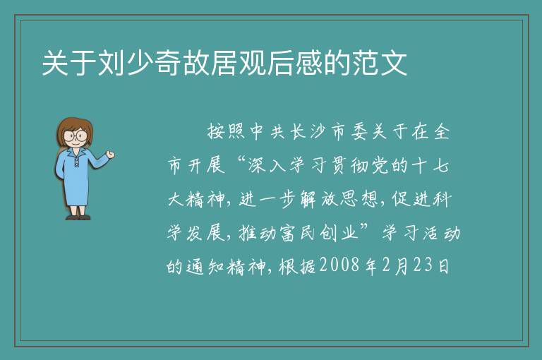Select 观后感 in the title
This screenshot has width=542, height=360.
pyautogui.click(x=281, y=64)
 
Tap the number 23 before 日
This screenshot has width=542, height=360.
pyautogui.click(x=423, y=265)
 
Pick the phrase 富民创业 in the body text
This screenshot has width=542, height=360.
pyautogui.click(x=320, y=232)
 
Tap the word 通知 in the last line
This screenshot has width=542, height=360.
pyautogui.click(x=205, y=266)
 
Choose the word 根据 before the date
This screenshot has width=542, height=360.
pyautogui.click(x=298, y=266)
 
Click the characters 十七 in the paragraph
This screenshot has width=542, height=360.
pyautogui.click(x=430, y=165)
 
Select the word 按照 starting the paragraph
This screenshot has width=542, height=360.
pyautogui.click(x=227, y=131)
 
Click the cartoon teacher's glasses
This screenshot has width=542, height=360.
pyautogui.click(x=75, y=136)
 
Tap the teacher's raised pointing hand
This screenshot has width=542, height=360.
pyautogui.click(x=110, y=155)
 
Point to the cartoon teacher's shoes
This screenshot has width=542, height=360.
pyautogui.click(x=78, y=217)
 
